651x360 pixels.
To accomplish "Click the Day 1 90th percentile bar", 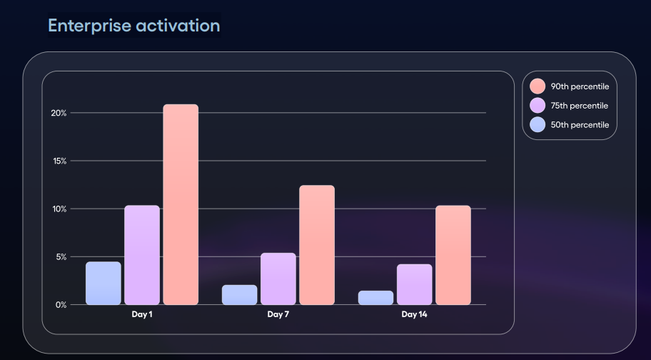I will [x=181, y=205].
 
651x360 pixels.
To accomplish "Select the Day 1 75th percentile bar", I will [x=142, y=255].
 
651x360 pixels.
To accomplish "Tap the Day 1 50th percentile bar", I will [x=104, y=284].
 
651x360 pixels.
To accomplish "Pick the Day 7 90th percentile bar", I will [x=317, y=245].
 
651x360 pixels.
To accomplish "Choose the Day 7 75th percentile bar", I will [x=278, y=279].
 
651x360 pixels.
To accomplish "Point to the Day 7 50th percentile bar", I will [x=240, y=295].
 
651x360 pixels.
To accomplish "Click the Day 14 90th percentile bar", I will [x=453, y=255].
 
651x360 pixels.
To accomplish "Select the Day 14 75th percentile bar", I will [x=415, y=284].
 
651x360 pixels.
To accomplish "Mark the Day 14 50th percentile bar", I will [x=375, y=298].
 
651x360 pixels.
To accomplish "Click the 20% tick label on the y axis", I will [x=59, y=113].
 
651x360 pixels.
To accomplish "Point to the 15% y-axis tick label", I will [x=59, y=161].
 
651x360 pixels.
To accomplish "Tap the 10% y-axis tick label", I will [x=59, y=209].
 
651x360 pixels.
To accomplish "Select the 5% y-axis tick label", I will [x=61, y=256].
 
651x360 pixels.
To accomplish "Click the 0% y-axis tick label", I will [x=61, y=305].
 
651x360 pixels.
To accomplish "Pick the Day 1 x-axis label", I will [x=142, y=314].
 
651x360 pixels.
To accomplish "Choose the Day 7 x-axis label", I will [x=278, y=314].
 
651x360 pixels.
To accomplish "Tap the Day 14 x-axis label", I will [x=414, y=314].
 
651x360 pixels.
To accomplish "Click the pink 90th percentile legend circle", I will [x=538, y=86].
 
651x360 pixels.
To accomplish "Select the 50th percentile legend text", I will [x=580, y=125].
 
